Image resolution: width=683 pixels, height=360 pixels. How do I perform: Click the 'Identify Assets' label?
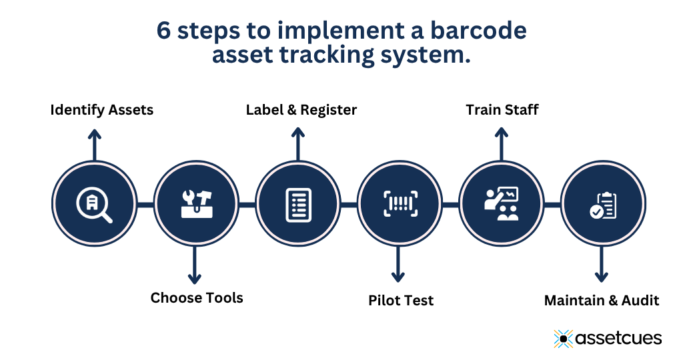102,110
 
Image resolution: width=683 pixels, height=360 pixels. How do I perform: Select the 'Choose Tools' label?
197,297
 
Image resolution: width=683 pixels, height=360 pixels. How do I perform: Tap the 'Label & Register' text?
301,110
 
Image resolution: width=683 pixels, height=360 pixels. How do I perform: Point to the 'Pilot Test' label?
401,301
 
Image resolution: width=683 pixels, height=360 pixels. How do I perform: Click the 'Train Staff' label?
502,109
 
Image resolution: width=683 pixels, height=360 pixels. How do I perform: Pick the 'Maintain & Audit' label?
602,301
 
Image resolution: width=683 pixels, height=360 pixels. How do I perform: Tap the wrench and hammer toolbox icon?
197,204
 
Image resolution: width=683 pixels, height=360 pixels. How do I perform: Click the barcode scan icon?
400,204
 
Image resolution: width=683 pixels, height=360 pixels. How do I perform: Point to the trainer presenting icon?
502,204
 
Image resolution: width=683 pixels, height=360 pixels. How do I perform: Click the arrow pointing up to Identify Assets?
95,144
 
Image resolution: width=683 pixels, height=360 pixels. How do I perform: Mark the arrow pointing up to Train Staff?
500,144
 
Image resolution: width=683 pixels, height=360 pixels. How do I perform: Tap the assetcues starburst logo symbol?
564,339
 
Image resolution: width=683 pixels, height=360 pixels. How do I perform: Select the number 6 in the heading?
163,31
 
